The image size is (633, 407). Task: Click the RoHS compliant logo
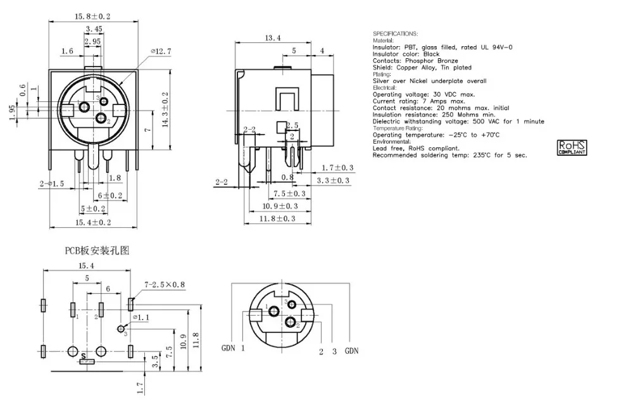pos(572,147)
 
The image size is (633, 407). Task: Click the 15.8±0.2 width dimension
pos(92,16)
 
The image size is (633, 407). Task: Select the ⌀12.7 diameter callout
pos(161,51)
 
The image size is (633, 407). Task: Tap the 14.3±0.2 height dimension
pos(165,110)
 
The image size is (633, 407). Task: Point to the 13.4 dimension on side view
pos(272,38)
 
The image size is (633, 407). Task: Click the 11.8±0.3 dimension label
pos(277,218)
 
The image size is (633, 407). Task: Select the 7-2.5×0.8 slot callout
pos(165,285)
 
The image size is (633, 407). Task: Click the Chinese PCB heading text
pos(97,250)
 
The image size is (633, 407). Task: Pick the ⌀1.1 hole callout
pos(141,318)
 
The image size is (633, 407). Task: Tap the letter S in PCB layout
pos(84,356)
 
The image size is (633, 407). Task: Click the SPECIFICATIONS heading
pos(395,34)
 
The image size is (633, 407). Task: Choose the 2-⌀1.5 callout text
pos(52,184)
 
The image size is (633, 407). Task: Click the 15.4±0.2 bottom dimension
pos(93,222)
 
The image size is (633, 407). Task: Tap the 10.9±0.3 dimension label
pos(280,206)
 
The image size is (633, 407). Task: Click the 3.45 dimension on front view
pos(94,29)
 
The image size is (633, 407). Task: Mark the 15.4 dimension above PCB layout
pos(86,266)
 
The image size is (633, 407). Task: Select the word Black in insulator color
pos(431,54)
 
